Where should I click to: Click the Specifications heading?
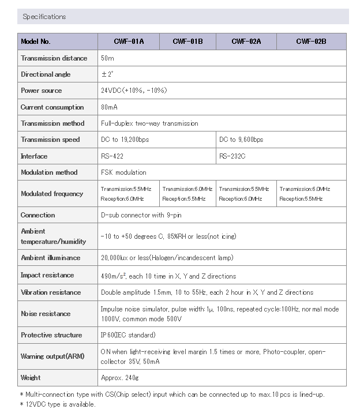(44, 17)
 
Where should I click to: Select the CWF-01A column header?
(129, 42)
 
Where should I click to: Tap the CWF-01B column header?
(187, 42)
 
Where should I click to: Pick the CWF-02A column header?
(246, 42)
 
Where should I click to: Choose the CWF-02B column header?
(311, 42)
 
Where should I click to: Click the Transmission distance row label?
(54, 58)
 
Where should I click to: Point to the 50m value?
(107, 58)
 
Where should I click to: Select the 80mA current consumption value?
(109, 107)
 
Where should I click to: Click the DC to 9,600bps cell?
(241, 140)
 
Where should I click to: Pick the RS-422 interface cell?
(112, 156)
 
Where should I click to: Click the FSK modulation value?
(123, 172)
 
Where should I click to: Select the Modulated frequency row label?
(52, 194)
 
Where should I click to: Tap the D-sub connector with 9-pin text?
(141, 215)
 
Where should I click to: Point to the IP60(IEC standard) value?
(128, 335)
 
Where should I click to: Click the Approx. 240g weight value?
(119, 378)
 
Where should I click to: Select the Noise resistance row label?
(46, 314)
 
